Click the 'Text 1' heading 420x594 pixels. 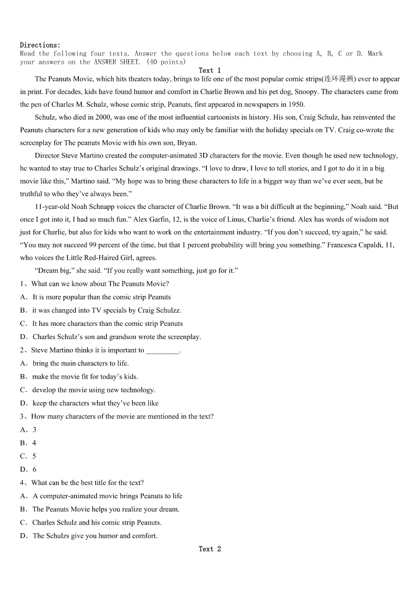click(209, 70)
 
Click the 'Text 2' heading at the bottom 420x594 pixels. click(209, 549)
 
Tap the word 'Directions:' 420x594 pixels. click(40, 45)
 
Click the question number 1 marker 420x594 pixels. click(23, 284)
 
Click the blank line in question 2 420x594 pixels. click(162, 350)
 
